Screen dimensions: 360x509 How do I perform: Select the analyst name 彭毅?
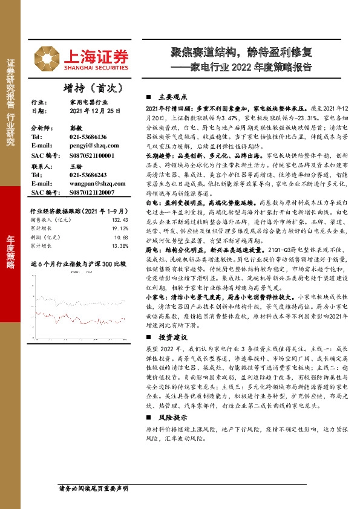(75, 129)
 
